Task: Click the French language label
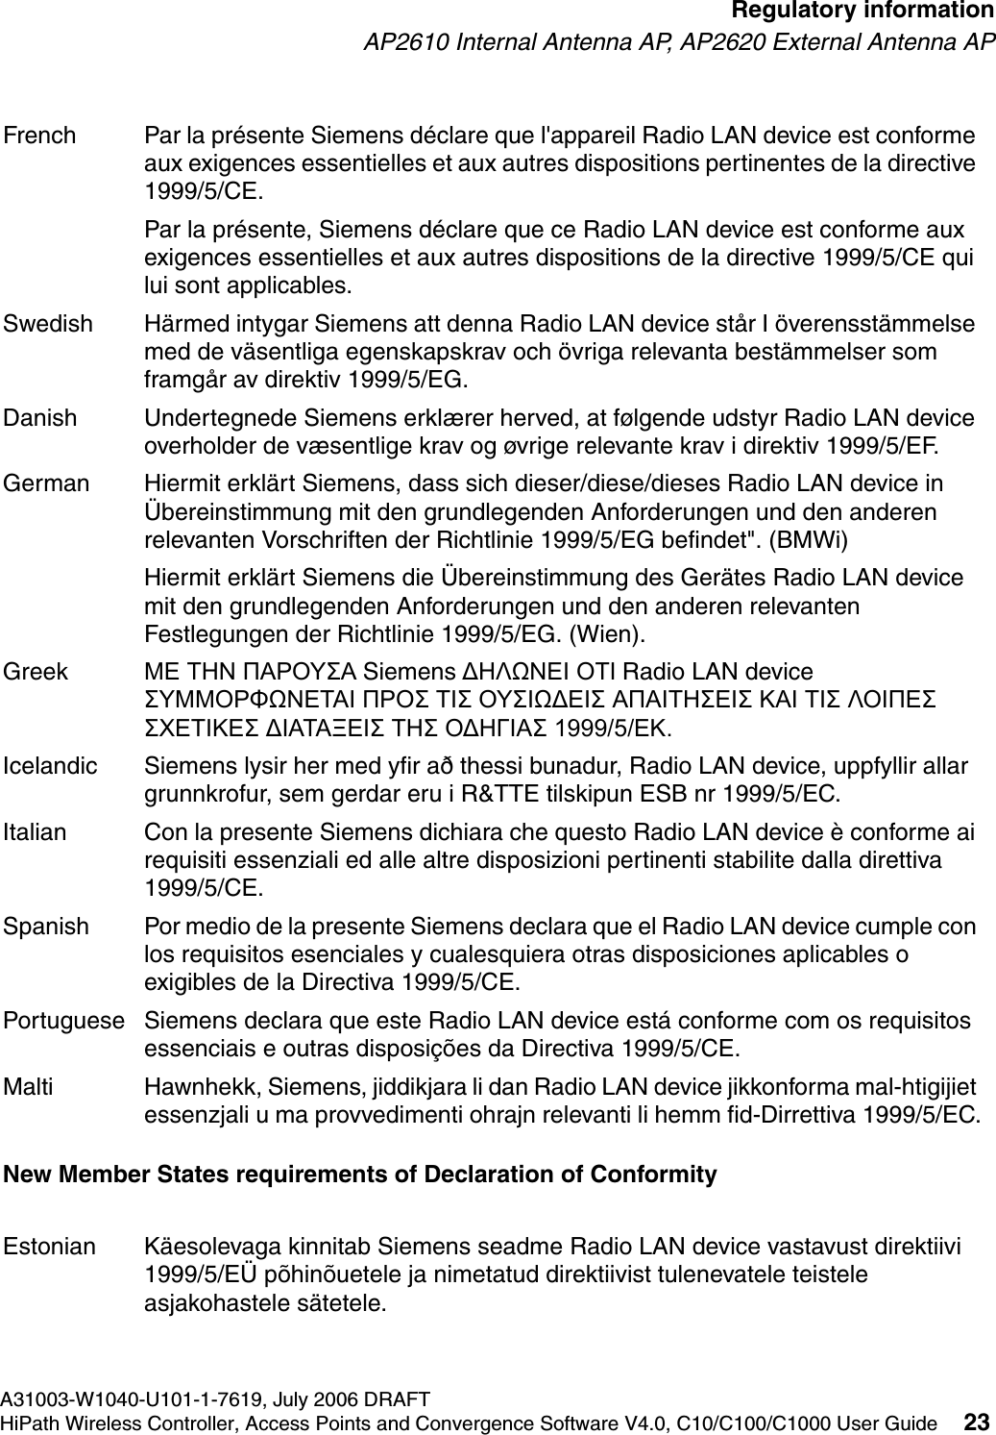pyautogui.click(x=39, y=136)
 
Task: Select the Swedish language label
pyautogui.click(x=48, y=324)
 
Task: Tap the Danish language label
pyautogui.click(x=40, y=418)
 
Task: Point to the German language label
pyautogui.click(x=46, y=482)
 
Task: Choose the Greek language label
pyautogui.click(x=36, y=671)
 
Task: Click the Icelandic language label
pyautogui.click(x=50, y=766)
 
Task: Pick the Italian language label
pyautogui.click(x=36, y=831)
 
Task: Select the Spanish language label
pyautogui.click(x=46, y=927)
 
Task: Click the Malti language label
pyautogui.click(x=29, y=1087)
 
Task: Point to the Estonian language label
pyautogui.click(x=50, y=1248)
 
